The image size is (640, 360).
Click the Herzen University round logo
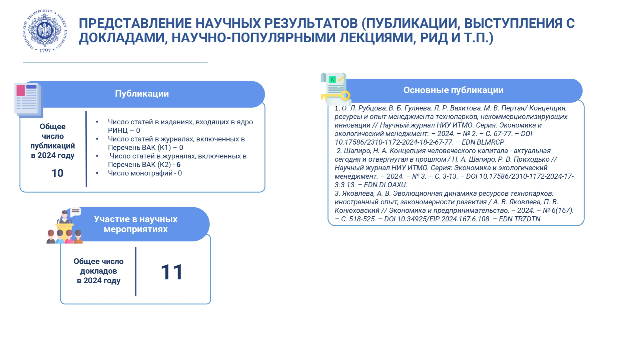click(x=45, y=31)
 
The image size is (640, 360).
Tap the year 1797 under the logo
click(x=45, y=51)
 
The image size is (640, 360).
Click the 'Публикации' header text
click(x=142, y=94)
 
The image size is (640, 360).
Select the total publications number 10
click(x=57, y=173)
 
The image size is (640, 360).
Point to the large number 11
click(x=172, y=272)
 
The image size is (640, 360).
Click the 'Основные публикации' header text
click(x=453, y=90)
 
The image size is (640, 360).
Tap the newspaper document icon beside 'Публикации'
click(x=28, y=100)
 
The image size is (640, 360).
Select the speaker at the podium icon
click(x=64, y=218)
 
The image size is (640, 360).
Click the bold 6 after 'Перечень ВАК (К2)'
click(x=178, y=165)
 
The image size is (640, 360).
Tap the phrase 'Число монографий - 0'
click(x=145, y=173)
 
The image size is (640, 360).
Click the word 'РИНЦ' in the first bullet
click(x=118, y=131)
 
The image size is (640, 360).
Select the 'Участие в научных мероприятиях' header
click(x=135, y=224)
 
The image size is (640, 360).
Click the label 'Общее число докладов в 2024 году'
click(x=98, y=271)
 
